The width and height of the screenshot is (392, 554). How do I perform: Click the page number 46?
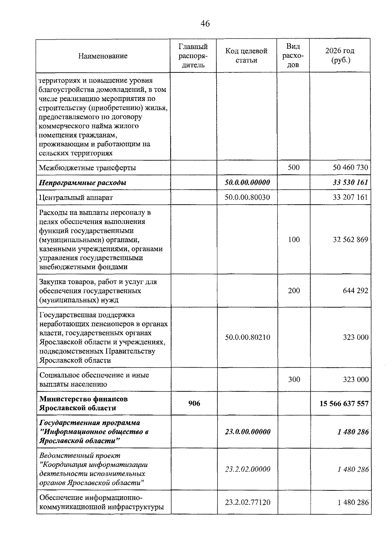pyautogui.click(x=205, y=24)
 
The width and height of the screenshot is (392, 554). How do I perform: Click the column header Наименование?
pyautogui.click(x=103, y=56)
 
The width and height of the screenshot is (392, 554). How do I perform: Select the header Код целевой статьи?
pyautogui.click(x=246, y=55)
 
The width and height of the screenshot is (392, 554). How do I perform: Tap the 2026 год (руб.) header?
pyautogui.click(x=340, y=55)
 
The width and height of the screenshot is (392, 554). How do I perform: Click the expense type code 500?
pyautogui.click(x=294, y=167)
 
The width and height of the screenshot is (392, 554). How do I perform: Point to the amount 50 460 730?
pyautogui.click(x=350, y=167)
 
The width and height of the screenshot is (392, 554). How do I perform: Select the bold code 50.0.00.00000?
pyautogui.click(x=247, y=182)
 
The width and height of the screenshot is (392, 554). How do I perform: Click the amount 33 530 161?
pyautogui.click(x=350, y=182)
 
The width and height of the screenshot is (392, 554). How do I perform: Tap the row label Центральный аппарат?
pyautogui.click(x=76, y=198)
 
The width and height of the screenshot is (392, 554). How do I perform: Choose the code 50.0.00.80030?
pyautogui.click(x=247, y=197)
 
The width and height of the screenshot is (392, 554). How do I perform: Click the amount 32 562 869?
pyautogui.click(x=350, y=240)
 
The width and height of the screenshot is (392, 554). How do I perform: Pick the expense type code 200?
pyautogui.click(x=294, y=291)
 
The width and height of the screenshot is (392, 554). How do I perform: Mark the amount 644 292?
pyautogui.click(x=355, y=291)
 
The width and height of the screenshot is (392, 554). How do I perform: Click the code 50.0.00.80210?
pyautogui.click(x=247, y=337)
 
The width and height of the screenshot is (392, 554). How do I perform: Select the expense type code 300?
pyautogui.click(x=294, y=379)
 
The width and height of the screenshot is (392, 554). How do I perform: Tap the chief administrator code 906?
pyautogui.click(x=194, y=404)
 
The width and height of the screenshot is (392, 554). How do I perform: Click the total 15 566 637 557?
pyautogui.click(x=344, y=404)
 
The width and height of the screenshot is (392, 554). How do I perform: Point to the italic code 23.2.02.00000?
pyautogui.click(x=247, y=469)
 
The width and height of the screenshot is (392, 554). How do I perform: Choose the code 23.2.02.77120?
pyautogui.click(x=247, y=502)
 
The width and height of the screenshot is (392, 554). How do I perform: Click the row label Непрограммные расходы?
pyautogui.click(x=82, y=183)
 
